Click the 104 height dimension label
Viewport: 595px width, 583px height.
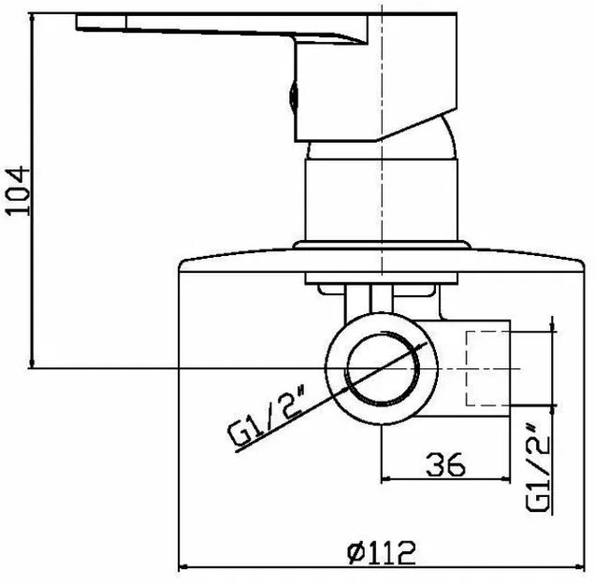pyautogui.click(x=18, y=191)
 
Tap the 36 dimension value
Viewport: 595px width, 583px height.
pyautogui.click(x=445, y=464)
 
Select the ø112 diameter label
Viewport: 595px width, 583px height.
pyautogui.click(x=382, y=552)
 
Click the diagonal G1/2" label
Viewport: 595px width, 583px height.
pyautogui.click(x=267, y=414)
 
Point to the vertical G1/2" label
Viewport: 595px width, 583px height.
pyautogui.click(x=538, y=468)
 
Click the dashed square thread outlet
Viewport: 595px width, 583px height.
pyautogui.click(x=487, y=368)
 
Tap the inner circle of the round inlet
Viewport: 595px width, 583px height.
pyautogui.click(x=382, y=368)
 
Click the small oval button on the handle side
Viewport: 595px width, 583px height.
pyautogui.click(x=294, y=96)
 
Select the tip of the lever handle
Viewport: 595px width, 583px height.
pyautogui.click(x=78, y=22)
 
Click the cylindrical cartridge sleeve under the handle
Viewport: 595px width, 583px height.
pyautogui.click(x=382, y=200)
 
